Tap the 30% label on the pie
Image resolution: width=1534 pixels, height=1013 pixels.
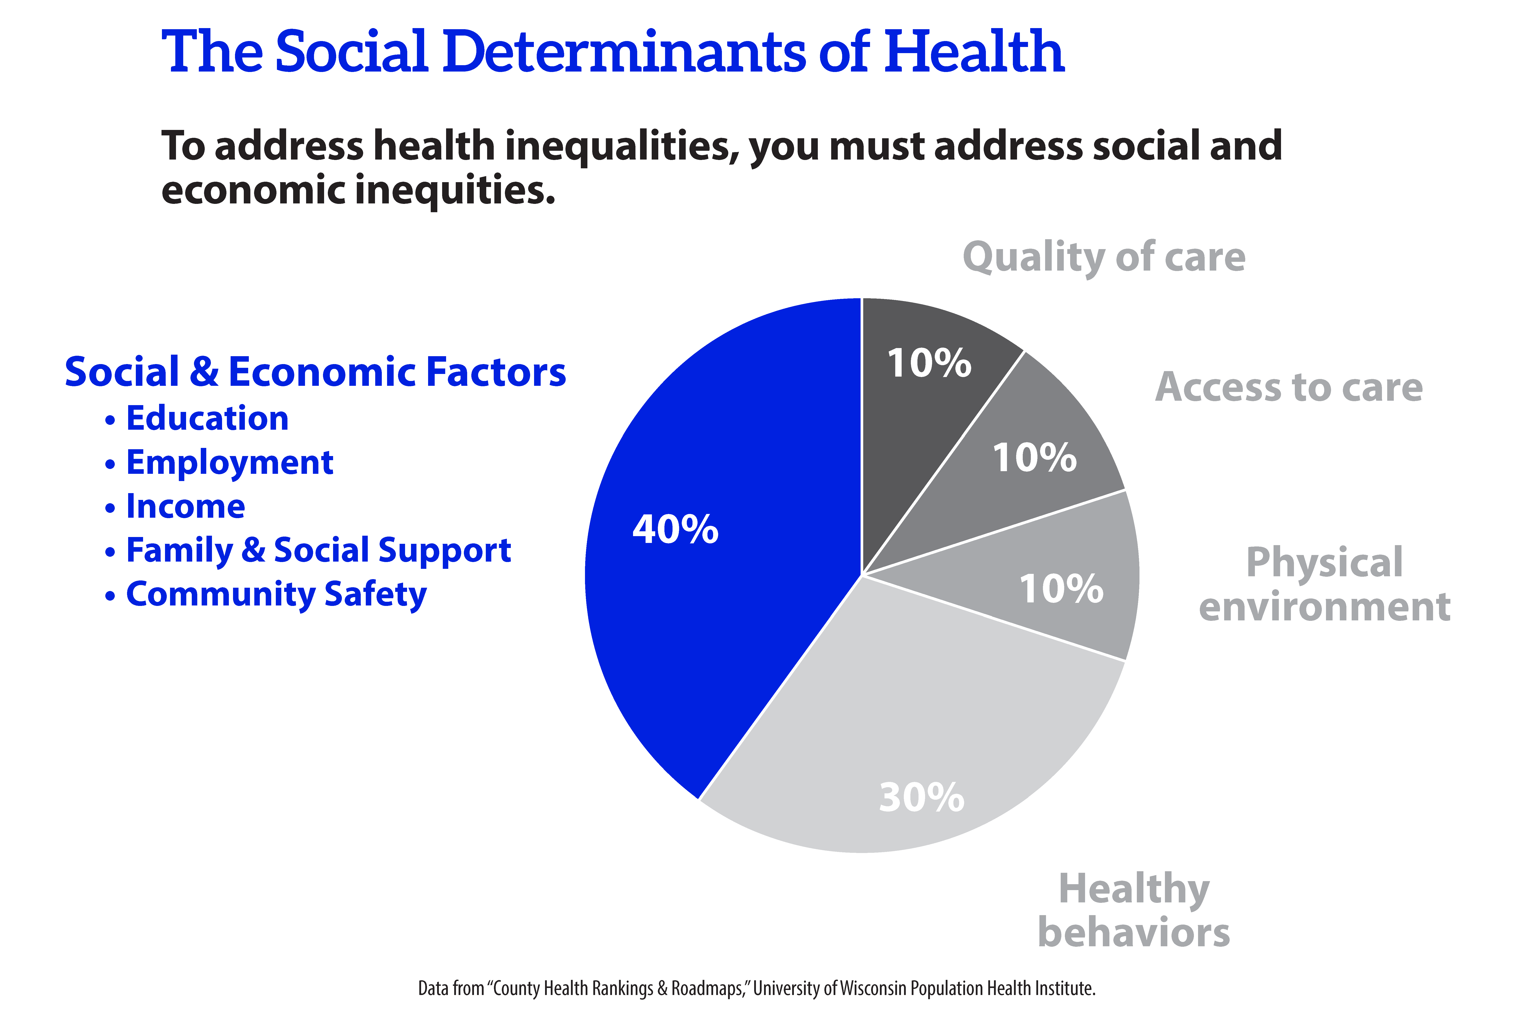click(922, 797)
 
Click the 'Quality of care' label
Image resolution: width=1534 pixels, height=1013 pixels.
click(1104, 257)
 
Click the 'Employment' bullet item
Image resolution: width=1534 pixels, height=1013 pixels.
click(229, 463)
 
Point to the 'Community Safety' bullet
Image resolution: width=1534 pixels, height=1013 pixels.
click(276, 594)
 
